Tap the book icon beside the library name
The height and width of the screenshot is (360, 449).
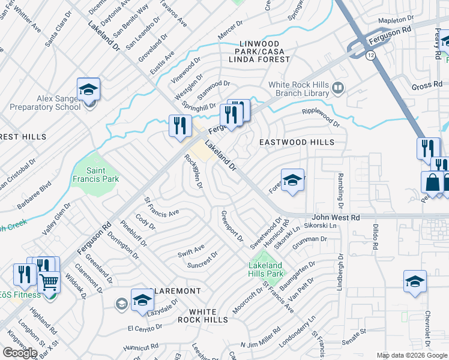(338, 89)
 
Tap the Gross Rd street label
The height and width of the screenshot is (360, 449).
(427, 86)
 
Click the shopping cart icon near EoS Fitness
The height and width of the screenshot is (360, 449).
(49, 281)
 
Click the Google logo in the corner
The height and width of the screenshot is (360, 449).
(20, 352)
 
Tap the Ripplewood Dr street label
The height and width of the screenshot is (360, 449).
(321, 118)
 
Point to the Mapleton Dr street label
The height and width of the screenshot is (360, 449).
(397, 21)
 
